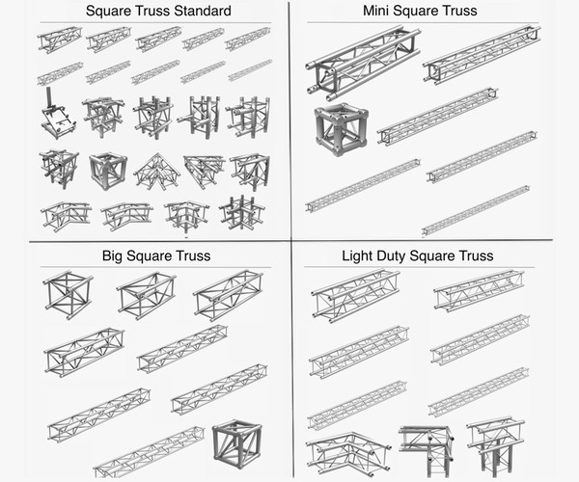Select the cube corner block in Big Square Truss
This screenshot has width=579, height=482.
pyautogui.click(x=236, y=442)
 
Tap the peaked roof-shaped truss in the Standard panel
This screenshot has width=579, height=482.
pyautogui.click(x=155, y=171)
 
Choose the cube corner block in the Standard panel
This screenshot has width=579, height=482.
pyautogui.click(x=108, y=170)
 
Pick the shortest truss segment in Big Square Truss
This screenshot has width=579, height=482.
pyautogui.click(x=68, y=292)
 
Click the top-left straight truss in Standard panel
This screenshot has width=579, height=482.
pyautogui.click(x=60, y=40)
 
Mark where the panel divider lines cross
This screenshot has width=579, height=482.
pyautogui.click(x=289, y=240)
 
